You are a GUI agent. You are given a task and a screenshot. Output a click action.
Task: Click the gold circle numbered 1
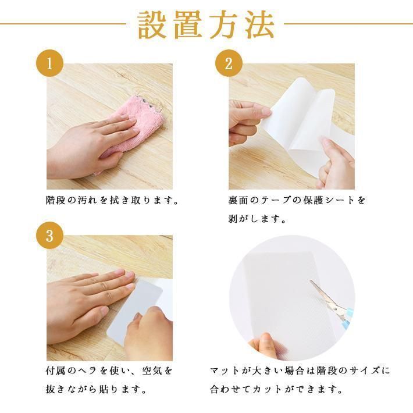click(x=50, y=63)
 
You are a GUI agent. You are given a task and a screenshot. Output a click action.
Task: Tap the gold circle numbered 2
click(x=229, y=63)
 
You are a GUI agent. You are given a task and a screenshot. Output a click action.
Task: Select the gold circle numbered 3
click(x=50, y=235)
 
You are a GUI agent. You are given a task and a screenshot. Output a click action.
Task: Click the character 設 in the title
click(x=152, y=25)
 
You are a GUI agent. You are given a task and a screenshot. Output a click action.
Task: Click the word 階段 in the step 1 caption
click(x=55, y=201)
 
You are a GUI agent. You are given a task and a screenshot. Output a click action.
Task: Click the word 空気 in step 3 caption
click(x=152, y=371)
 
